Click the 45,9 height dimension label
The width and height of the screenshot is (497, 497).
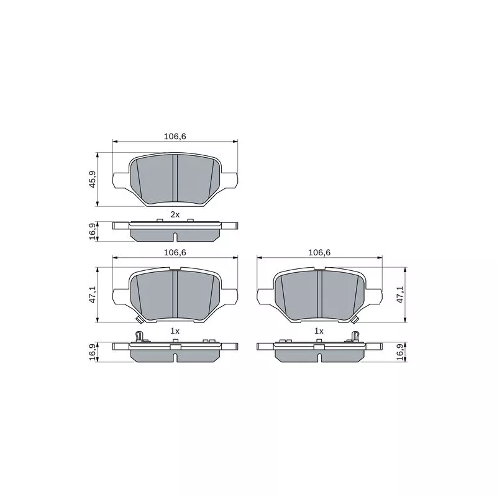93,179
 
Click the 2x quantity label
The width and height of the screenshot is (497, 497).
175,214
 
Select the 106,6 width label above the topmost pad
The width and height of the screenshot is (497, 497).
175,136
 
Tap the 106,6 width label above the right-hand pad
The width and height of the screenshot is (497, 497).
319,252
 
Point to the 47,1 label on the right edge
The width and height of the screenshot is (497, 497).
400,294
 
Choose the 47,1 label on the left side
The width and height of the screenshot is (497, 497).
93,294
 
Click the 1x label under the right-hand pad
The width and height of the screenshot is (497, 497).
319,331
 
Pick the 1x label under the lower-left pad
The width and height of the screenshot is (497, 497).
175,331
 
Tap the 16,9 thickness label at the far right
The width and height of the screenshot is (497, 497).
401,352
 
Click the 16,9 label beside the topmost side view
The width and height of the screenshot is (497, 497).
93,231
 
